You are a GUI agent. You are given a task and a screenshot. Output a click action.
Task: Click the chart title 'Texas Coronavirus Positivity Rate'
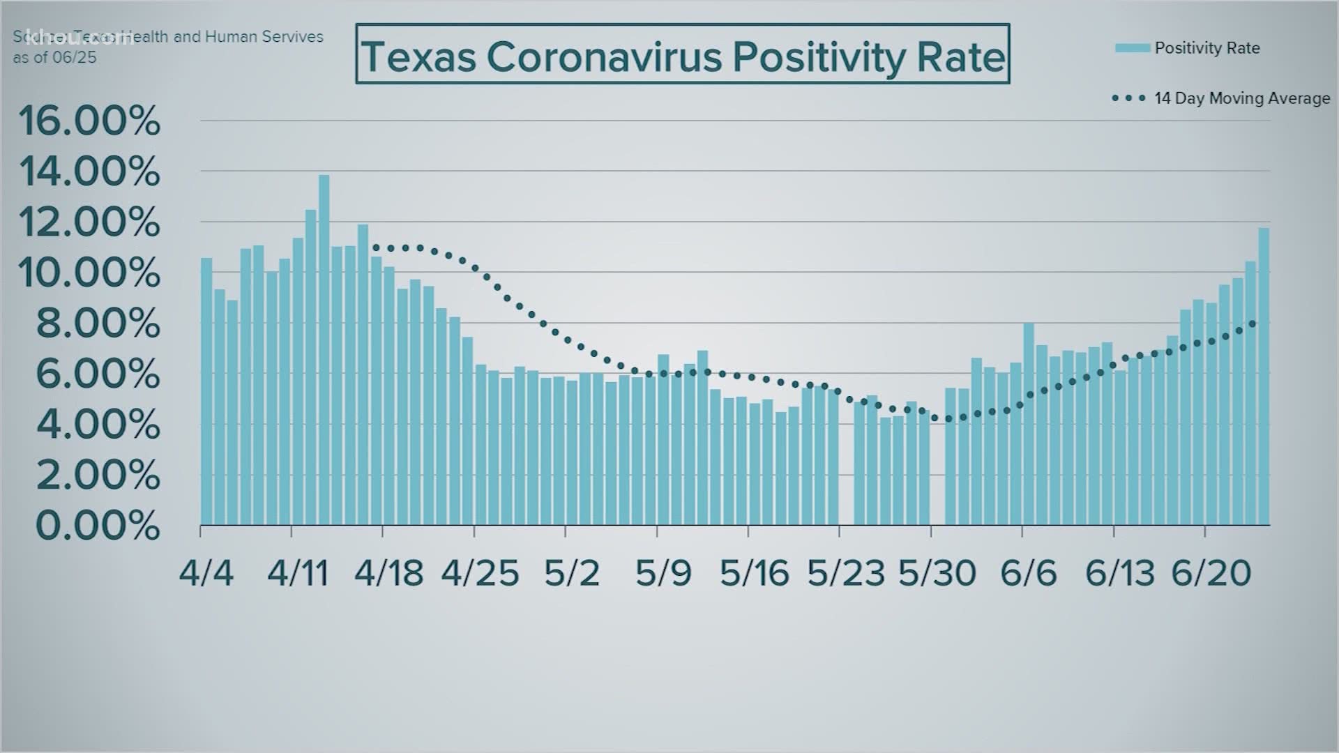(682, 55)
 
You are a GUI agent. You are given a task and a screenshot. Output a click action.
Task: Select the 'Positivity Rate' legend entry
(1206, 48)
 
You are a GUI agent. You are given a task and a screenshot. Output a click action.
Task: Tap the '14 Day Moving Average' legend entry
(1241, 98)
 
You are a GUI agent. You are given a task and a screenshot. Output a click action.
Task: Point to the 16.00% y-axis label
(89, 121)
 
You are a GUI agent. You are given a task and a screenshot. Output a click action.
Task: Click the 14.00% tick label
(89, 172)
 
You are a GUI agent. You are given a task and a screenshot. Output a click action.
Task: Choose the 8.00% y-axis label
(98, 324)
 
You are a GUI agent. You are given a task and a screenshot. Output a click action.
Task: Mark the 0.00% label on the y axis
(98, 526)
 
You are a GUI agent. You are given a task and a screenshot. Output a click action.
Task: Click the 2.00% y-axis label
(98, 476)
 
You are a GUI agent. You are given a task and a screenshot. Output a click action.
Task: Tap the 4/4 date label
(206, 573)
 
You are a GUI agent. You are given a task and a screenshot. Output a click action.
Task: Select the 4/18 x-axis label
(388, 573)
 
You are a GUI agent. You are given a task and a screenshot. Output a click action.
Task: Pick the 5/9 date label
(663, 573)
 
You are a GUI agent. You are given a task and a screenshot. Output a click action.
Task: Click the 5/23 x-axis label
(845, 573)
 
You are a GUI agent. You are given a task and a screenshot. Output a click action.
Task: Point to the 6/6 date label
(1028, 573)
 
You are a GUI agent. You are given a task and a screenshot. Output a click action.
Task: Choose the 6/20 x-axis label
(1211, 573)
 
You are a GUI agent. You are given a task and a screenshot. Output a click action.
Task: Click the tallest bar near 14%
(324, 349)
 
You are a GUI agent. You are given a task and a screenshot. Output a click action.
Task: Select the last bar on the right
(1264, 376)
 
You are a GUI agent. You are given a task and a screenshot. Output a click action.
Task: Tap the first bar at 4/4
(206, 390)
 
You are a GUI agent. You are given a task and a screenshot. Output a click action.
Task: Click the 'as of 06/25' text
(54, 58)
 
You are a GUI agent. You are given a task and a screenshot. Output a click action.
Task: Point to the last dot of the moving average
(1253, 324)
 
